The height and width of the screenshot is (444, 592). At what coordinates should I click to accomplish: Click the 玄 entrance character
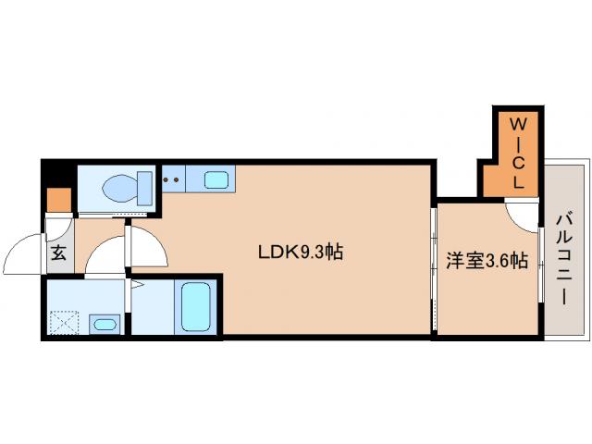[58, 253]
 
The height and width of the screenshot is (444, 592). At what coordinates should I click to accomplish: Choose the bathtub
[196, 307]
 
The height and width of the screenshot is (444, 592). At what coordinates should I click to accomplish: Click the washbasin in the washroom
[105, 324]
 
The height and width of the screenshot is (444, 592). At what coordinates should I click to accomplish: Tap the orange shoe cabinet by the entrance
[58, 200]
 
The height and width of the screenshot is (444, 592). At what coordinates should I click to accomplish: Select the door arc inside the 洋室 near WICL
[520, 218]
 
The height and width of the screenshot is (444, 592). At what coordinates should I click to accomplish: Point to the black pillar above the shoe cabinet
[56, 176]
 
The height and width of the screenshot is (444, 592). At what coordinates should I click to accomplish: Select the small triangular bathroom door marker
[136, 288]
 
